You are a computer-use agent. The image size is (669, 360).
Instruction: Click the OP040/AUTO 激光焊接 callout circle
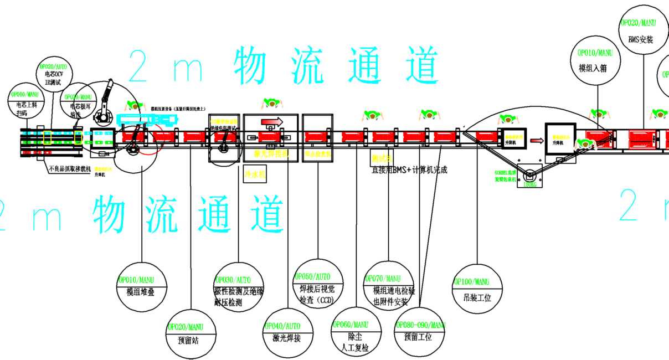tap(287, 331)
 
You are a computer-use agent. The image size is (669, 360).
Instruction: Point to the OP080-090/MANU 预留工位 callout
tap(420, 330)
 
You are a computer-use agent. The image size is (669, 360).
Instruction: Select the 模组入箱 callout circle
tap(595, 61)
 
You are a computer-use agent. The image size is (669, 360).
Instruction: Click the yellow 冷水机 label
tap(255, 174)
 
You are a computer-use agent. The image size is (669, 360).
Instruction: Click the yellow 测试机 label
tap(382, 158)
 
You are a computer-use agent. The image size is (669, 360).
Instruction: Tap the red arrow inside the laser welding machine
tap(271, 121)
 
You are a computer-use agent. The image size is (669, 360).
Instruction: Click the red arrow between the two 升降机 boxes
tap(536, 140)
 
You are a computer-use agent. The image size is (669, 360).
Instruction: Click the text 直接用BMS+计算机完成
tap(409, 170)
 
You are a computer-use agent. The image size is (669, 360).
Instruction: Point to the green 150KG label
tap(531, 184)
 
